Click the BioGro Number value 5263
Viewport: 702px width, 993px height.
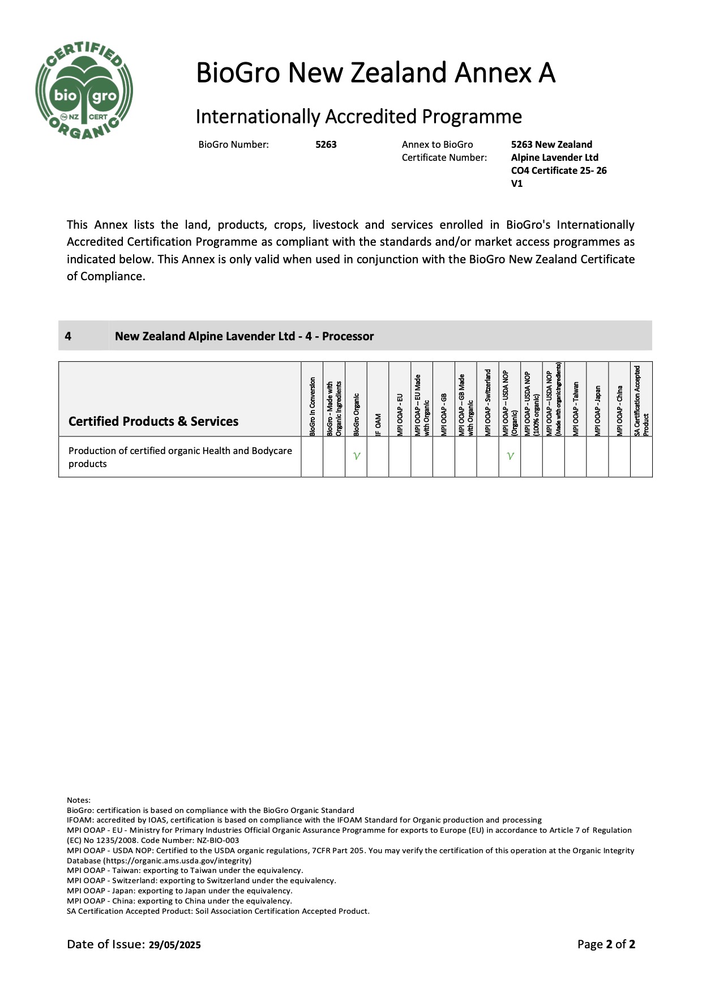click(326, 144)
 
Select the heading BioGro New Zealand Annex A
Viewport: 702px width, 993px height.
click(375, 73)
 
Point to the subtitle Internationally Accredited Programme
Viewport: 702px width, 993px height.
click(358, 117)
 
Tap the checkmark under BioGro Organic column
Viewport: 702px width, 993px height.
click(356, 456)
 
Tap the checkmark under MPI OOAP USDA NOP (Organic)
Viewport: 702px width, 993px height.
click(510, 456)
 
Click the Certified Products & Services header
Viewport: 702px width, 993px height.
click(153, 421)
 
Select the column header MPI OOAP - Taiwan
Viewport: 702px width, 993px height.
click(576, 408)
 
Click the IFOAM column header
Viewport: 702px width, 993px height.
click(378, 424)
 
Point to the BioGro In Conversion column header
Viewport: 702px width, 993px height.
click(312, 406)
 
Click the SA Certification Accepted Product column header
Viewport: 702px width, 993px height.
click(641, 400)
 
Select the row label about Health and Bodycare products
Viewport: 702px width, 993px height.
click(180, 457)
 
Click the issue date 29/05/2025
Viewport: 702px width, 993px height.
click(175, 945)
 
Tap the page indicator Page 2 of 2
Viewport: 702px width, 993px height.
click(606, 944)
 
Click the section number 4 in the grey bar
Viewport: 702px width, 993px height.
click(68, 336)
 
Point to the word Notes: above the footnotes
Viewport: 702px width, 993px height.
click(79, 800)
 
